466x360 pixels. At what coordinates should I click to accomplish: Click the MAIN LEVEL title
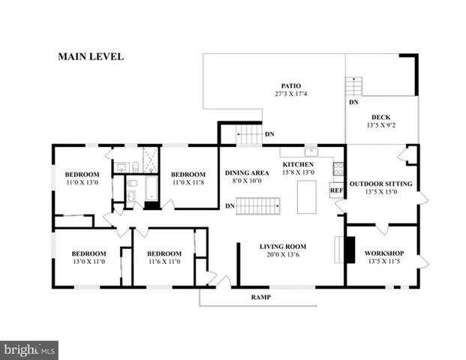pos(91,56)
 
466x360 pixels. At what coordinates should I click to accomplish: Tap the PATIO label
pos(291,85)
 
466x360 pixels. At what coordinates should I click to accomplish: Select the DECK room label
pos(381,117)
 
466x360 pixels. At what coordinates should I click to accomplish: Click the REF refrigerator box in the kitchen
pos(336,191)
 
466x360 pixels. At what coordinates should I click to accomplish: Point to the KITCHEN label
pos(297,164)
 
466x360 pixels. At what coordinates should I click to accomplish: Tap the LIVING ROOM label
pos(283,246)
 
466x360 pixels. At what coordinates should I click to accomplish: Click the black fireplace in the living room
pos(350,250)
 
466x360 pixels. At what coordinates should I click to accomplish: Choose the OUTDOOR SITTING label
pos(381,183)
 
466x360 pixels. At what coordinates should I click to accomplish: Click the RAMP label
pos(260,298)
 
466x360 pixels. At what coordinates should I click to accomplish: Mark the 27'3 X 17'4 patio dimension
pos(291,94)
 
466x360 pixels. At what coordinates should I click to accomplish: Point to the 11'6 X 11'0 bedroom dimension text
pos(164,262)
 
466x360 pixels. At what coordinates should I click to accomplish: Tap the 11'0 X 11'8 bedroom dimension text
pos(188,183)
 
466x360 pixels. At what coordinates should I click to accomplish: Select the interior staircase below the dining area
pos(258,205)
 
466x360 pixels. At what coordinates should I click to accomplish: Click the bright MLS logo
pos(29,349)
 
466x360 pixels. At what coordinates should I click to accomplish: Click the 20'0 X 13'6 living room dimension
pos(283,255)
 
